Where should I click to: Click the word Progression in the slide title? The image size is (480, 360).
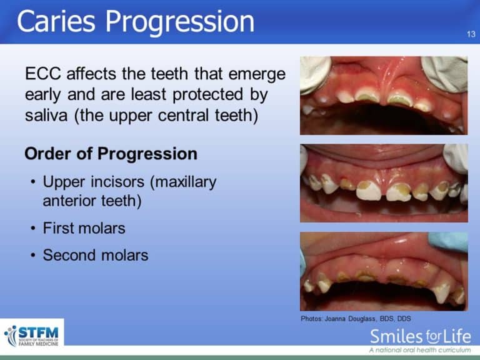click(x=181, y=22)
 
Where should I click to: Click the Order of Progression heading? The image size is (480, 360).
click(x=111, y=154)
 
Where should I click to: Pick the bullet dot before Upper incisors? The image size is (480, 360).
click(x=32, y=183)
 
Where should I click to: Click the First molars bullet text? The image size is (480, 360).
click(x=84, y=228)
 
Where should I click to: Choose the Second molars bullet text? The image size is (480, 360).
click(x=95, y=255)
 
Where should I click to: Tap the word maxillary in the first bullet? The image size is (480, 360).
click(x=186, y=182)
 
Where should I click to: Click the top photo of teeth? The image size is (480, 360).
click(x=383, y=95)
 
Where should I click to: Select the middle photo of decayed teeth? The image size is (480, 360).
click(x=383, y=183)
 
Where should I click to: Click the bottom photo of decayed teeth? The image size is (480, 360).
click(x=383, y=271)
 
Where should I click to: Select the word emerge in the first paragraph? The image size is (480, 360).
click(x=257, y=75)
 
